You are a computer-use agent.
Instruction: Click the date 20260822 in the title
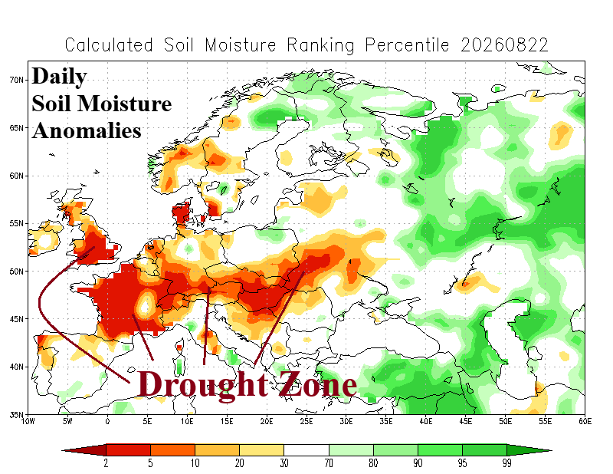tap(504, 45)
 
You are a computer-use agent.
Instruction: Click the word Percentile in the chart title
tap(407, 45)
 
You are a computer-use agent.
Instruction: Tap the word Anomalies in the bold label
tap(87, 130)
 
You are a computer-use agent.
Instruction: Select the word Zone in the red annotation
tap(317, 384)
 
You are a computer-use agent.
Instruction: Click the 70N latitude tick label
tap(16, 80)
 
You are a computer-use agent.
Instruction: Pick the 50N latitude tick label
tap(16, 272)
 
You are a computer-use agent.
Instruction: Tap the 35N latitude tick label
tap(16, 414)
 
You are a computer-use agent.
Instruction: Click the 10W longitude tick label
tap(28, 422)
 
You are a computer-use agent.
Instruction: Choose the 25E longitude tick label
tap(306, 422)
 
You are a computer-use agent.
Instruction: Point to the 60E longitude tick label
tap(585, 422)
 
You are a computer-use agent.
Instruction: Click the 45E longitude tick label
tap(466, 422)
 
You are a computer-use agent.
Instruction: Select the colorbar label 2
tap(106, 463)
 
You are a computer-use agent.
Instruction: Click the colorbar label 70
tap(329, 463)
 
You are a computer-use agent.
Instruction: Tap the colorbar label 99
tap(507, 463)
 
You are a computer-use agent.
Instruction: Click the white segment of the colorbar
tap(306, 450)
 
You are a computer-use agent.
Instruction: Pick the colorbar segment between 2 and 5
tap(128, 450)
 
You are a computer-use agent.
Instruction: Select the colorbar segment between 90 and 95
tap(440, 450)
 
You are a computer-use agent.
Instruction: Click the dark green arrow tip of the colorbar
tap(551, 450)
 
